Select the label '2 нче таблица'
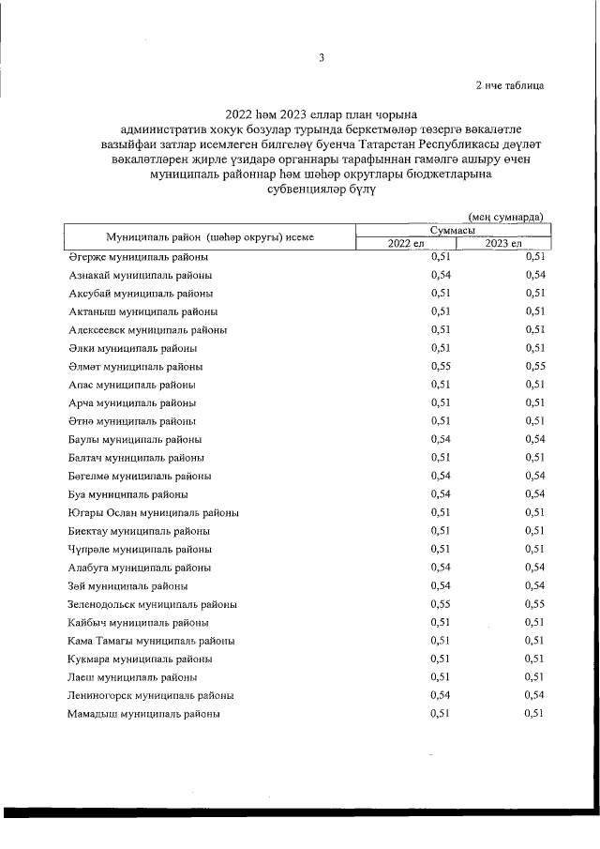point(509,85)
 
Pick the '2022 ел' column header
point(406,244)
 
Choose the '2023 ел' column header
point(502,244)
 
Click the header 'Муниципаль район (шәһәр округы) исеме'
point(209,237)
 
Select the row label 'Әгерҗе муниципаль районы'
point(139,256)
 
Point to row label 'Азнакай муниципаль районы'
point(140,275)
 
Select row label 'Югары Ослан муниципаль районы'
point(153,513)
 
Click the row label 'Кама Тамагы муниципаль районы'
point(151,641)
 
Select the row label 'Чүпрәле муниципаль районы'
point(140,550)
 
